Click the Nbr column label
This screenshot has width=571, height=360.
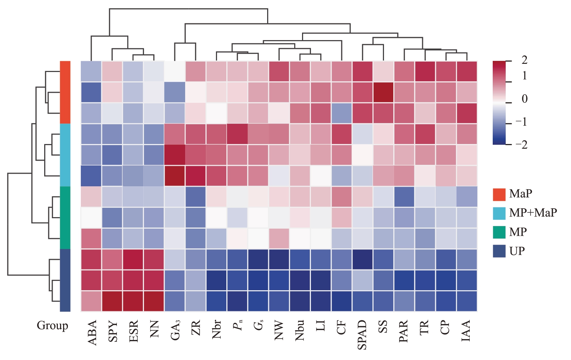click(x=217, y=330)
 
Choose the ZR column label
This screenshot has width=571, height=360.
click(x=196, y=328)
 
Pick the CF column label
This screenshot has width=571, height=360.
click(x=341, y=328)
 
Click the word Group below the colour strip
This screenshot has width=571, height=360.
click(x=52, y=326)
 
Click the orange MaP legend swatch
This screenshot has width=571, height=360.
click(x=499, y=194)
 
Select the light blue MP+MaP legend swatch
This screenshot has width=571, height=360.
click(x=499, y=213)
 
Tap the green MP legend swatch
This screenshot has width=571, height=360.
click(x=499, y=232)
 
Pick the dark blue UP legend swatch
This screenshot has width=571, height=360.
click(x=499, y=252)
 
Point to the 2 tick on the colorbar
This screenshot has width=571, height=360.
click(x=524, y=60)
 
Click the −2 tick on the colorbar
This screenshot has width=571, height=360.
click(x=521, y=144)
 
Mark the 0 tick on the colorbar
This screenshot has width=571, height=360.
click(x=524, y=99)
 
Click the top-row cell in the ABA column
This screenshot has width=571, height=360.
click(x=91, y=71)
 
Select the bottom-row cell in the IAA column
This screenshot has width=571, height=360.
click(x=467, y=301)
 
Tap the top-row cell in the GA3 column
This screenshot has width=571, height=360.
click(x=175, y=71)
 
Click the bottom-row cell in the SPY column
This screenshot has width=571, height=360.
click(x=112, y=301)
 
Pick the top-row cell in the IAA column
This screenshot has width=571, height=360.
click(x=467, y=71)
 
